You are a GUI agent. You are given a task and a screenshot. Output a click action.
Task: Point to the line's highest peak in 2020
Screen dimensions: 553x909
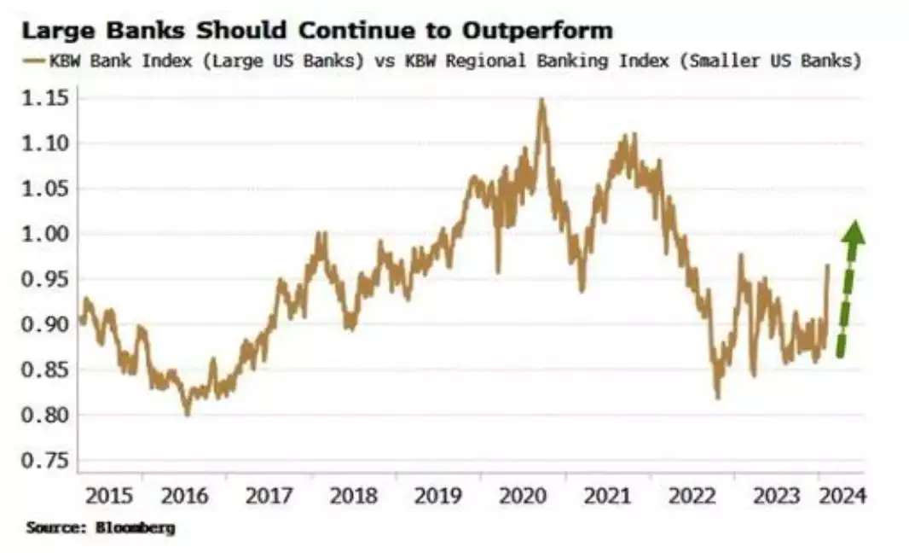tap(541, 100)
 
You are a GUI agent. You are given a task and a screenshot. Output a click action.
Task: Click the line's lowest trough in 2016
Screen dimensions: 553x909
tap(188, 414)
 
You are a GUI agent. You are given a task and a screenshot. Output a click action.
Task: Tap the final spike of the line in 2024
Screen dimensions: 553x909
tap(827, 266)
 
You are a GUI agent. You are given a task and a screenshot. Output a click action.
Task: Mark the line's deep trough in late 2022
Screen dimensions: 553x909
tap(717, 397)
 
